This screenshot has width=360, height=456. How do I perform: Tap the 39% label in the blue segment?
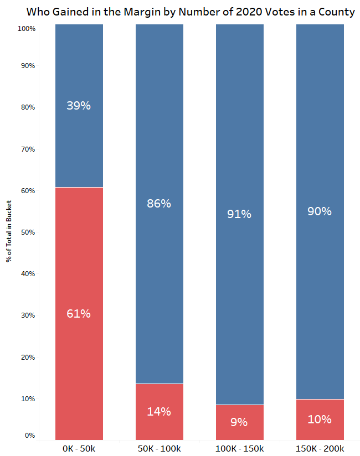click(x=79, y=105)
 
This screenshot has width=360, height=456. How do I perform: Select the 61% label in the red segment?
click(x=79, y=314)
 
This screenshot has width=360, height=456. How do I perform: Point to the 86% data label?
click(x=159, y=203)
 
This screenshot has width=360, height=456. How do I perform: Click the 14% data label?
click(x=159, y=411)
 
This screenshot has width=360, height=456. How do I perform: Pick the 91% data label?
click(x=239, y=214)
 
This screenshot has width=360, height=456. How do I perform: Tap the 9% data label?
click(x=239, y=422)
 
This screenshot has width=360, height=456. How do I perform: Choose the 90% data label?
click(x=320, y=211)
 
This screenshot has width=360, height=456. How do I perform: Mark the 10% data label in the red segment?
click(x=320, y=419)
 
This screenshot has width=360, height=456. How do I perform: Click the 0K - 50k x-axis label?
click(x=79, y=448)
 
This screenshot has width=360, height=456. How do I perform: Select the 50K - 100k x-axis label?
click(x=159, y=448)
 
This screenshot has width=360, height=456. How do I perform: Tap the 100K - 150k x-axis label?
click(x=239, y=448)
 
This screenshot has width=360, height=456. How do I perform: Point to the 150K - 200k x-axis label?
click(x=320, y=448)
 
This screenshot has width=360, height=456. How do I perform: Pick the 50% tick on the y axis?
click(x=28, y=232)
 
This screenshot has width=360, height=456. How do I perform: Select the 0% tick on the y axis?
click(x=30, y=436)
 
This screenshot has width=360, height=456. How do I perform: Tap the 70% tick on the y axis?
click(x=28, y=149)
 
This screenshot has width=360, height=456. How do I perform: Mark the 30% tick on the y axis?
click(x=28, y=315)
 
